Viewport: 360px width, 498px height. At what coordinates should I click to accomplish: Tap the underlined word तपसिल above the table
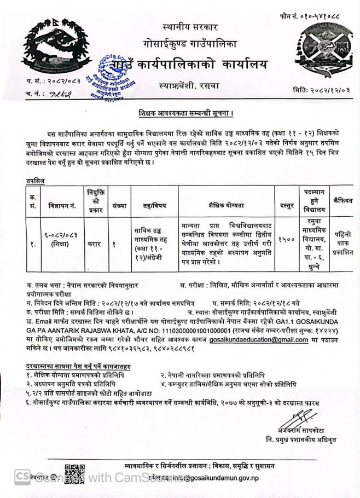coord(35,180)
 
